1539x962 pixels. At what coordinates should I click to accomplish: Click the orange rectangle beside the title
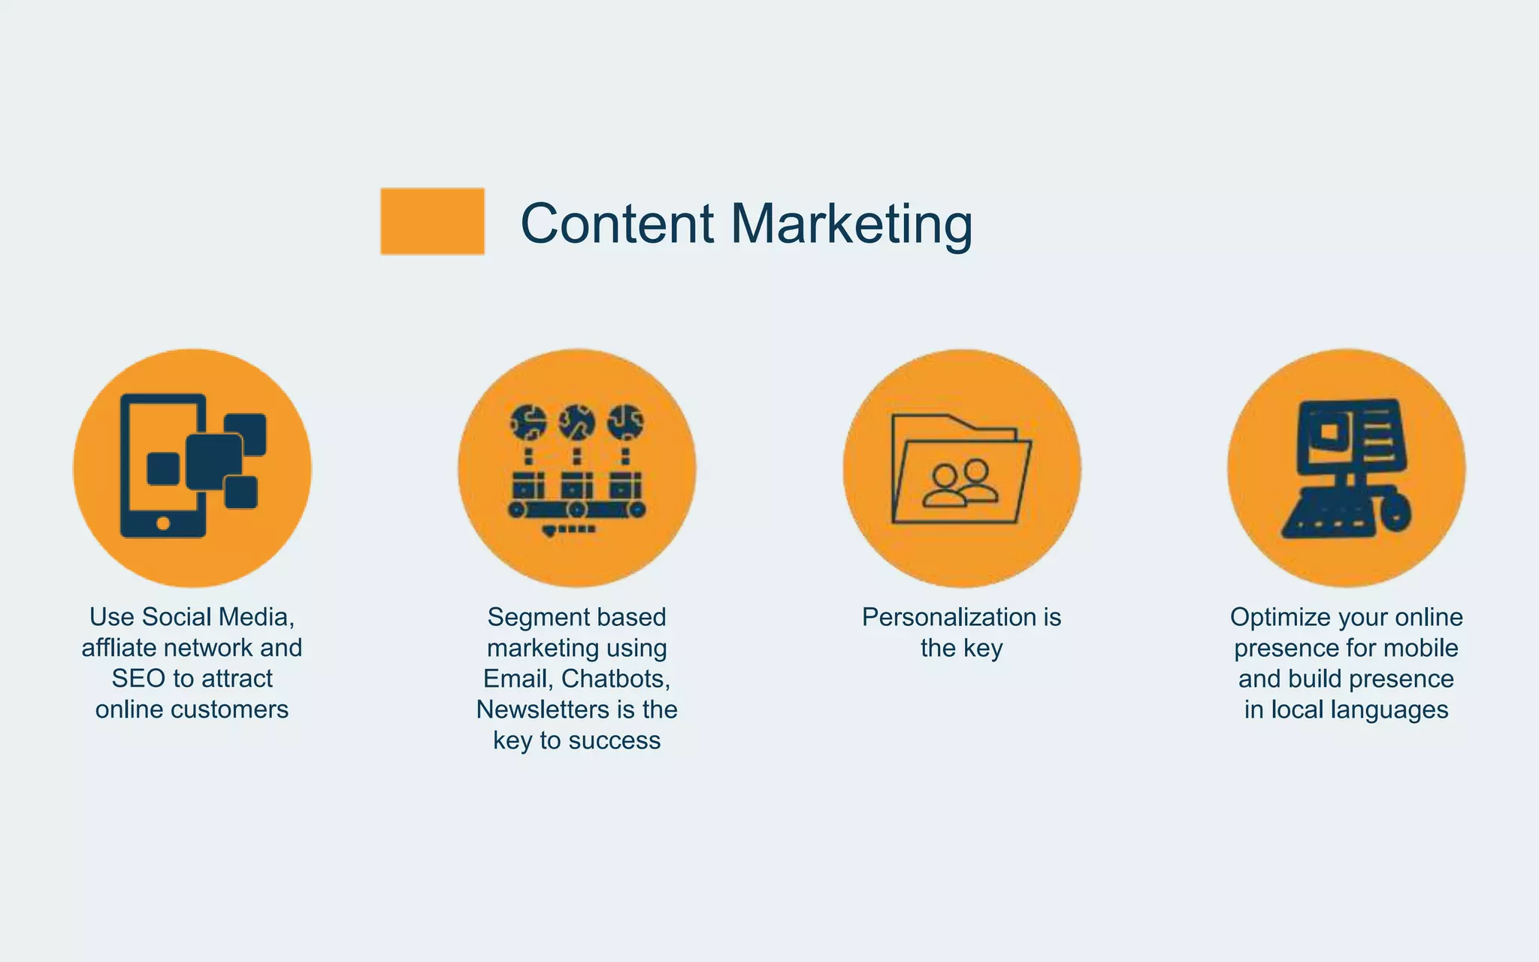click(x=432, y=221)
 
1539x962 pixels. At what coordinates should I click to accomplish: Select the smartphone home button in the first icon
click(x=163, y=523)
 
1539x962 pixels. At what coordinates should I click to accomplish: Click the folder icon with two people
click(x=961, y=470)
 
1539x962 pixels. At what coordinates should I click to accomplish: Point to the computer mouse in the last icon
click(x=1395, y=512)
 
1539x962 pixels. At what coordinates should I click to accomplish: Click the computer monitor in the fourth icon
click(x=1350, y=437)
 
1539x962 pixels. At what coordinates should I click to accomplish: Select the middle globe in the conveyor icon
click(x=576, y=422)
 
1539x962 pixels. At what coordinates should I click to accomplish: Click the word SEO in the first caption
click(x=138, y=679)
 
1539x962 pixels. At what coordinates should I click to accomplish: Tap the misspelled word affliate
click(x=125, y=648)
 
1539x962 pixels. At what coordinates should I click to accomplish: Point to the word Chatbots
click(x=615, y=679)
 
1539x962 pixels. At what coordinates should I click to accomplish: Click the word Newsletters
click(x=542, y=709)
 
